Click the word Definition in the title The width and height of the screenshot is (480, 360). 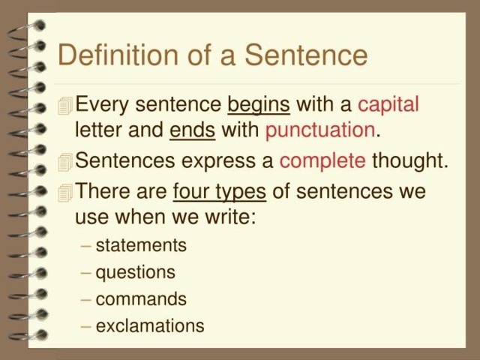tap(118, 55)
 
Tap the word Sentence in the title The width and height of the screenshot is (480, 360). tap(306, 55)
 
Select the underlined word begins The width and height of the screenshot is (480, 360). tap(259, 106)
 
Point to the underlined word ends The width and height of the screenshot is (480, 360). tap(192, 130)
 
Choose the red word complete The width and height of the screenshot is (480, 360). tap(322, 161)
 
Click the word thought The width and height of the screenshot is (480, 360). tap(410, 160)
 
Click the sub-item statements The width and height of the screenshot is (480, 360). tap(141, 245)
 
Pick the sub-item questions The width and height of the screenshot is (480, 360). tap(135, 273)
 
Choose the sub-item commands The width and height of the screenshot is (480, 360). tap(141, 298)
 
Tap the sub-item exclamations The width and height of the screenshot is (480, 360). tap(150, 325)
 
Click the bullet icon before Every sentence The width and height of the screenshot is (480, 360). tap(65, 106)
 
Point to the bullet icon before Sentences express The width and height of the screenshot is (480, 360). tap(65, 162)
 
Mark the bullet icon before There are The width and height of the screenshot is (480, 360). tap(65, 193)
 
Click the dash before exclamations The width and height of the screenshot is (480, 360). tap(86, 327)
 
